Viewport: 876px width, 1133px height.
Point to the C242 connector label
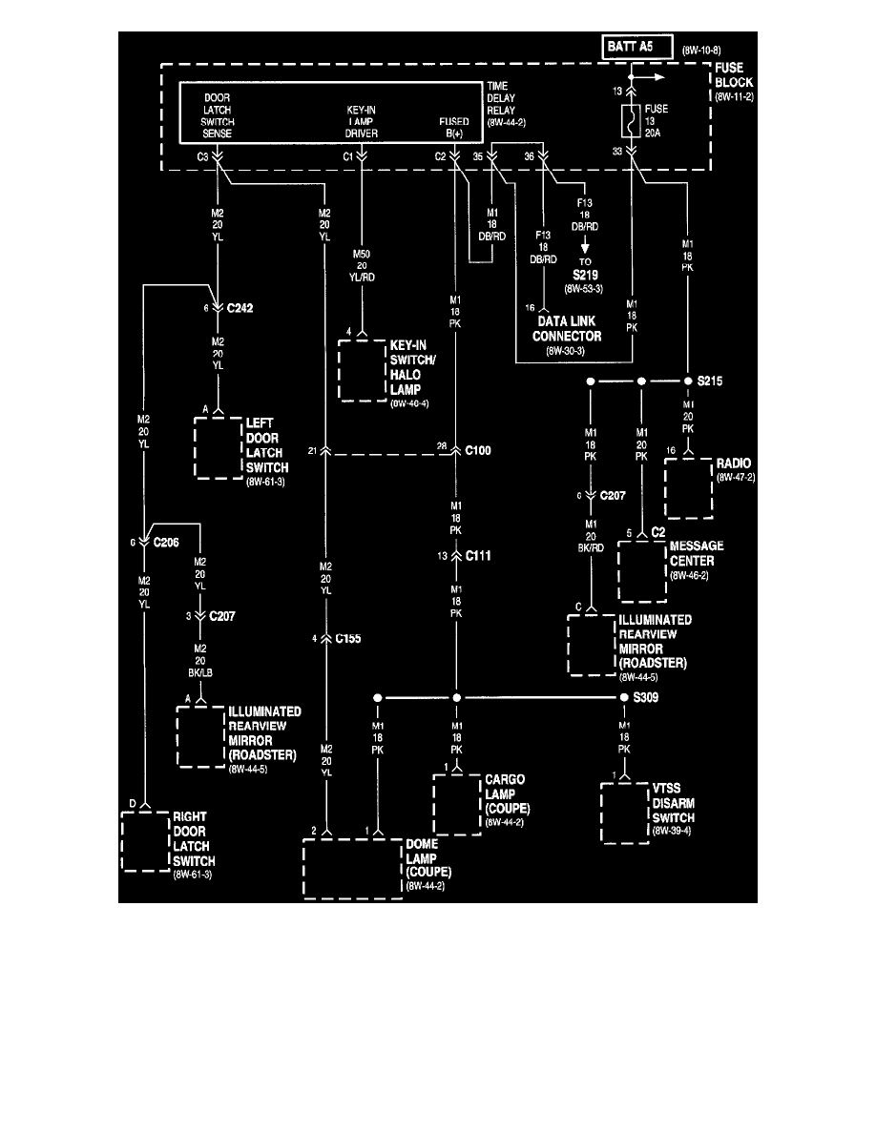point(240,308)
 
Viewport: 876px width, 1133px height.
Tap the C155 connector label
point(347,637)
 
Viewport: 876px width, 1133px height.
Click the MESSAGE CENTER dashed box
point(642,571)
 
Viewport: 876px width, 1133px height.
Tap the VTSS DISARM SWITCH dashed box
point(628,814)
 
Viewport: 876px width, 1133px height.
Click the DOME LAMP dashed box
point(352,869)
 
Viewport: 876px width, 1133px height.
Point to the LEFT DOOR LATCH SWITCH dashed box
point(219,446)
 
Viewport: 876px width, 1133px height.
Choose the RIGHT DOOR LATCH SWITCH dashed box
point(145,841)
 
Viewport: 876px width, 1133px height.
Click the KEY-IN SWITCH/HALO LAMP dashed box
point(363,369)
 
